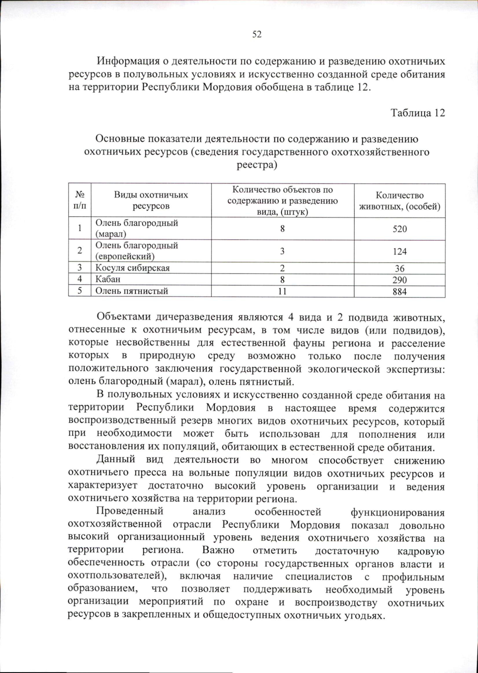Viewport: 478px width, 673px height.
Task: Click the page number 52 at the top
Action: pyautogui.click(x=257, y=35)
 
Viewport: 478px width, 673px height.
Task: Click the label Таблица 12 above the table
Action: pyautogui.click(x=417, y=113)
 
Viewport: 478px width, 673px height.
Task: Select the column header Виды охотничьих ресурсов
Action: pyautogui.click(x=151, y=200)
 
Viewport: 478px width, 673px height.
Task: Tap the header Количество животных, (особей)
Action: pyautogui.click(x=400, y=201)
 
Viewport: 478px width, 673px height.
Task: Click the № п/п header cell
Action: pyautogui.click(x=80, y=200)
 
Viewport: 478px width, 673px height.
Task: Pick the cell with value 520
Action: pyautogui.click(x=400, y=229)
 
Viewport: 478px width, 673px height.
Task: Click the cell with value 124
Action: pyautogui.click(x=400, y=251)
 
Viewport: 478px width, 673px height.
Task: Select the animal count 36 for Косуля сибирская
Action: pyautogui.click(x=400, y=268)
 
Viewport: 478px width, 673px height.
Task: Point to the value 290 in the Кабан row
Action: pyautogui.click(x=400, y=280)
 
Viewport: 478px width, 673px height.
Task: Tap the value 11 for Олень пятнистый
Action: pyautogui.click(x=282, y=292)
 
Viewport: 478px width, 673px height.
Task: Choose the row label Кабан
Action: pyautogui.click(x=108, y=280)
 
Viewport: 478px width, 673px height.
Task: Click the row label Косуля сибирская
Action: pyautogui.click(x=132, y=268)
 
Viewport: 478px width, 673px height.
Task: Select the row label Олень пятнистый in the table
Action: pyautogui.click(x=131, y=291)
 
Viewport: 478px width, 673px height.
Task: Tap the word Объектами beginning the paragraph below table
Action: pyautogui.click(x=123, y=317)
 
